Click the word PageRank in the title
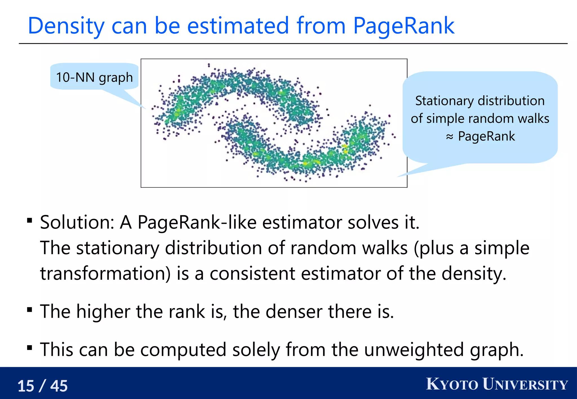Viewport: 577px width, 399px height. click(403, 26)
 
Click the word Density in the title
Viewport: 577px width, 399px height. click(66, 26)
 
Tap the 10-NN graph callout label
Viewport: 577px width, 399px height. click(94, 77)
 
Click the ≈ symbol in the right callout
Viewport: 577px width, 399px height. click(449, 137)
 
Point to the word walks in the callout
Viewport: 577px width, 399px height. click(534, 118)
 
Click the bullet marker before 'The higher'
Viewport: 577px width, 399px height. click(30, 310)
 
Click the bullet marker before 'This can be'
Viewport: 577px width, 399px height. click(30, 348)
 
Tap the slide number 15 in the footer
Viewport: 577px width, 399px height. click(26, 386)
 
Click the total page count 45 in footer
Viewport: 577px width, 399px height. click(59, 386)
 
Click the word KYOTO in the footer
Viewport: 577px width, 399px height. click(452, 384)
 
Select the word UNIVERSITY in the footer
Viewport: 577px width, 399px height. click(525, 384)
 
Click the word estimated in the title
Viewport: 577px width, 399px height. click(238, 26)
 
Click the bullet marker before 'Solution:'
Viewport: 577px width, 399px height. click(30, 220)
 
